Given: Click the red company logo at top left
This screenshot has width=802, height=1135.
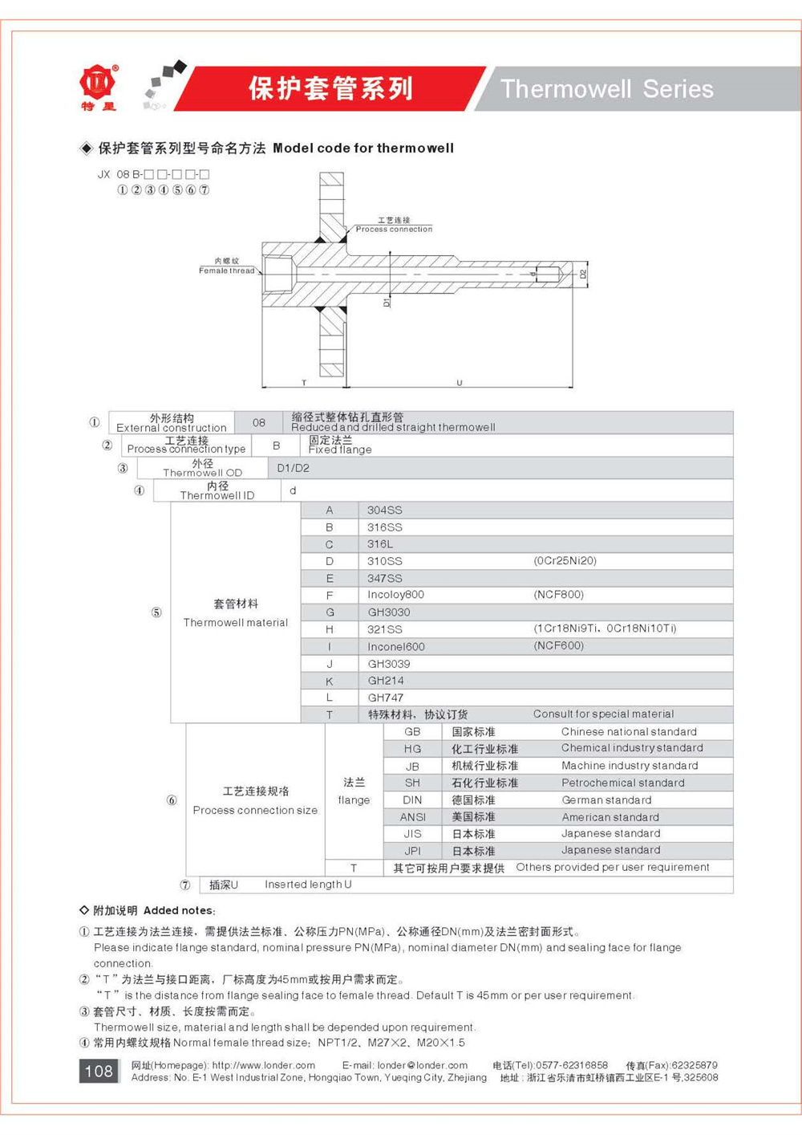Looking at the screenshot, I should [x=98, y=83].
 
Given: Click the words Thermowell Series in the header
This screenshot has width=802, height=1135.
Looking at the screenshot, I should [x=606, y=88].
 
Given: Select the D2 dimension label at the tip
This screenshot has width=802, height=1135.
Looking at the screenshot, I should [x=583, y=274].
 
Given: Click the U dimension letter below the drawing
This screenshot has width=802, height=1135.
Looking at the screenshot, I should [x=460, y=383].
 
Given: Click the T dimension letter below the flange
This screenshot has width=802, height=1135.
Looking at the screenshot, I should [x=304, y=383].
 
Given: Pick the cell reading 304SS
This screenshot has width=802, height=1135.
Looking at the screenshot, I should [x=385, y=511].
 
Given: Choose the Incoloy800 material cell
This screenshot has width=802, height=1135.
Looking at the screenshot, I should [x=395, y=595].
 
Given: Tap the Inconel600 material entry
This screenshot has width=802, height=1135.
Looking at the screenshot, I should [x=396, y=647].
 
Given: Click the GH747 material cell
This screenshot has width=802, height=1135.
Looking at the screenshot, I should [x=386, y=698].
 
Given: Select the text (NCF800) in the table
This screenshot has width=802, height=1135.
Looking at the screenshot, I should [x=559, y=595].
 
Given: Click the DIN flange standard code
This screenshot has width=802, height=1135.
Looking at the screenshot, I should [x=412, y=800].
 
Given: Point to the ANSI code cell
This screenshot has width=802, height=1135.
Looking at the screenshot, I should [x=412, y=817].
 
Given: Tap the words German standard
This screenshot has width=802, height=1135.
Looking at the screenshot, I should [x=606, y=800].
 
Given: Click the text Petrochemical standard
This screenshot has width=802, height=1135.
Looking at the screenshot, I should [x=622, y=783].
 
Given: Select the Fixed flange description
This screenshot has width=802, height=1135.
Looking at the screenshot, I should [x=340, y=450].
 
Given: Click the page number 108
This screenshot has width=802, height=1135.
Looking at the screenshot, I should [x=99, y=1071].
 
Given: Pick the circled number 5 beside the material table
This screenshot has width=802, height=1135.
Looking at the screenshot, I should [x=156, y=612].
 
